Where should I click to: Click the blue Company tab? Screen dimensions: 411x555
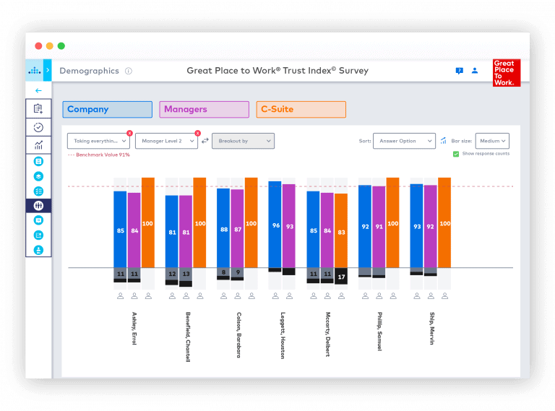coord(107,110)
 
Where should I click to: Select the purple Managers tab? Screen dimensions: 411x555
coord(204,110)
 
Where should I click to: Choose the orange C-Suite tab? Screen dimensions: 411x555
coord(301,110)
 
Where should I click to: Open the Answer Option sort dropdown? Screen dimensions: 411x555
coord(404,141)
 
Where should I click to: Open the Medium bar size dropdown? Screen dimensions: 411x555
coord(492,141)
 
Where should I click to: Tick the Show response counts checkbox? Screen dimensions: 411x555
coord(456,154)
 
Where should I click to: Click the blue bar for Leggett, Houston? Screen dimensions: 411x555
coord(275,225)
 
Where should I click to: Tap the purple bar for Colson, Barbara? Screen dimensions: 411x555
coord(237,228)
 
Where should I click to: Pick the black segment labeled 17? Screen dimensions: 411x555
coord(341,277)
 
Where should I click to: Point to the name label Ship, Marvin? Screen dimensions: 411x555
coord(431,328)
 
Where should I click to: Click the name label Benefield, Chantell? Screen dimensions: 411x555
coord(187,336)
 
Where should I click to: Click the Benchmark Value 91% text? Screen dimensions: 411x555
coord(100,155)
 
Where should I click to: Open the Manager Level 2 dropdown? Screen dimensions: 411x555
coord(165,141)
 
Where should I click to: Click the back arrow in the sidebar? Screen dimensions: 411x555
coord(38,90)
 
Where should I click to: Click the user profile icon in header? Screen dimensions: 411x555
coord(475,71)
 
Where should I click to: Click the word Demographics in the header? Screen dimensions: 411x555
coord(89,71)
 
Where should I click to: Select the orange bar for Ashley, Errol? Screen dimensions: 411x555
coord(147,222)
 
